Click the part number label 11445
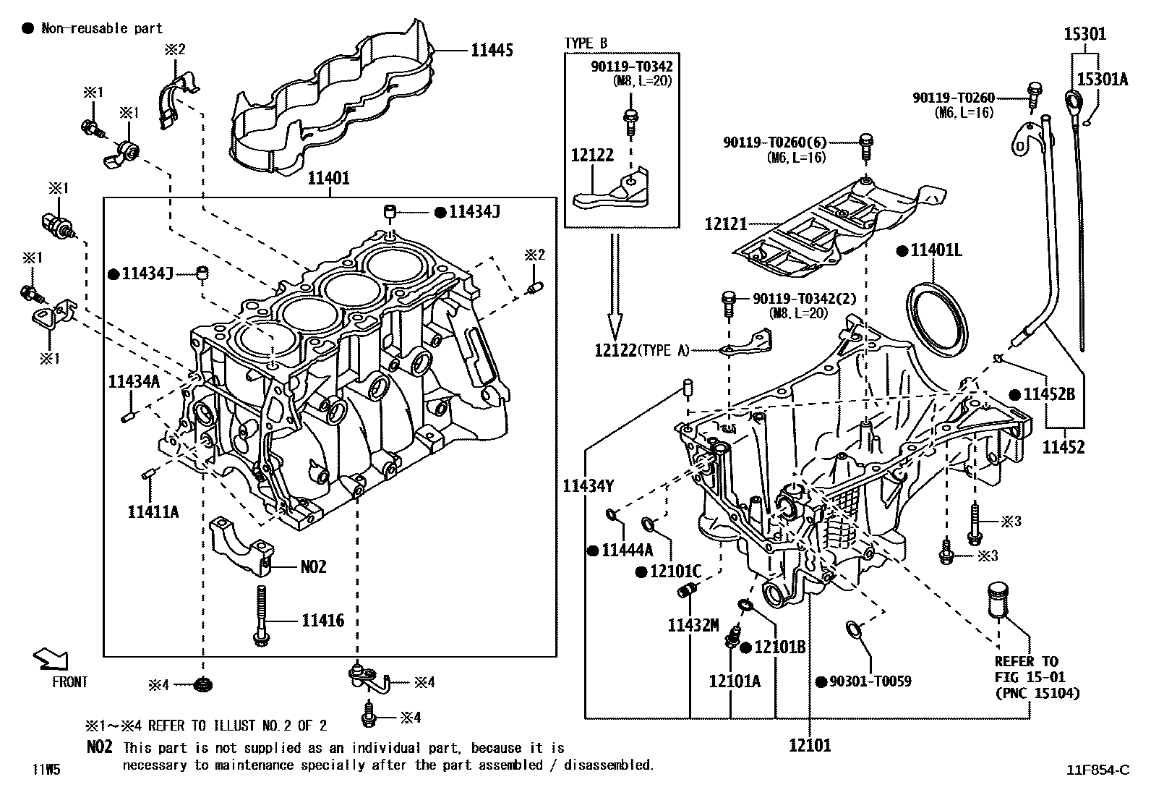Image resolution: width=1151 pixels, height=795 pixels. click(x=492, y=50)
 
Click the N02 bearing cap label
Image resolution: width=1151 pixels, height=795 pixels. click(x=313, y=566)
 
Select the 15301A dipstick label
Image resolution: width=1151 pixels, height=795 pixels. click(x=1102, y=80)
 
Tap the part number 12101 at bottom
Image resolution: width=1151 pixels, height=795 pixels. click(x=810, y=745)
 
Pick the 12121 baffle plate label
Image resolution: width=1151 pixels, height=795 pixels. click(x=725, y=225)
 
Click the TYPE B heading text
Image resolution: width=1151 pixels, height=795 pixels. click(x=586, y=44)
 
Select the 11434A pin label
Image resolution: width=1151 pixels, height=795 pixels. click(x=134, y=381)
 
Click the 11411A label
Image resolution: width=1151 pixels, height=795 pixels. click(x=153, y=512)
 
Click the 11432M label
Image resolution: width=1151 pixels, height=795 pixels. click(x=693, y=624)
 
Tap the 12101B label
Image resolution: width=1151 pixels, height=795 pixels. click(x=779, y=647)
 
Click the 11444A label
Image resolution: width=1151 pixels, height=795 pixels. click(x=626, y=550)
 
